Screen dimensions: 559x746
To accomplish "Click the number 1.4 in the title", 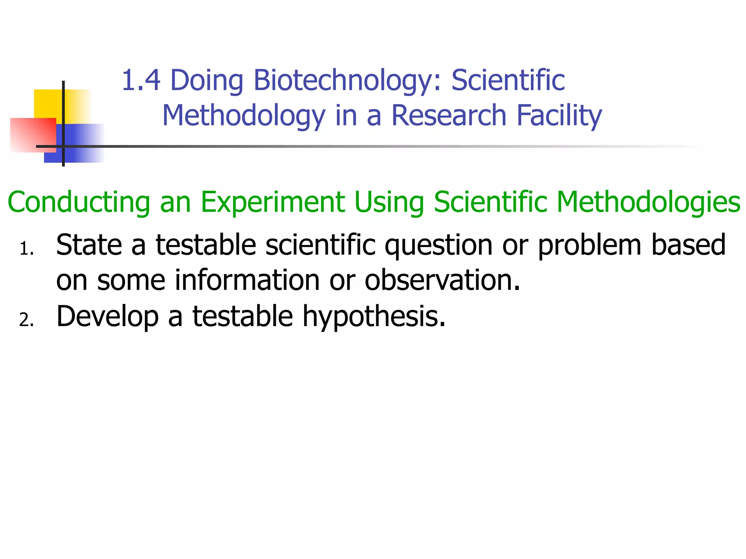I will (141, 80).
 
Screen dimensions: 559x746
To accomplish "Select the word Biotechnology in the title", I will (342, 81).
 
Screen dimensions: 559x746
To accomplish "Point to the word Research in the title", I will (449, 115).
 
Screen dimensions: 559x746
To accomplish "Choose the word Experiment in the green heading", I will (273, 202).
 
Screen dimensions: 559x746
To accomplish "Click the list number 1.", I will (26, 250).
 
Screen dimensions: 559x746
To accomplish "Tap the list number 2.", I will (26, 320).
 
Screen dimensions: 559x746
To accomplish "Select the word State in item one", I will (89, 245).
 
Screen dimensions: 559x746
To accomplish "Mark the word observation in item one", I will (442, 280).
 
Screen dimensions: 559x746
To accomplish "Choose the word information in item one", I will (247, 280).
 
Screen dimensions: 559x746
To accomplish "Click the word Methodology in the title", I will (243, 116).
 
